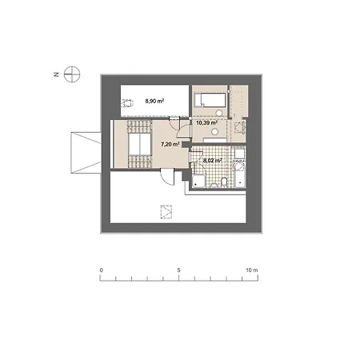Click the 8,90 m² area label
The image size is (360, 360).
click(x=153, y=102)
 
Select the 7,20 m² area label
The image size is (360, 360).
click(x=170, y=145)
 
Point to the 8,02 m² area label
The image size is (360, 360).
click(x=212, y=160)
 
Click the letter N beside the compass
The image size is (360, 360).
click(x=56, y=74)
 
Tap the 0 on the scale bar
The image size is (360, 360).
click(x=101, y=270)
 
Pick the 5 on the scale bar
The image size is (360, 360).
click(x=179, y=270)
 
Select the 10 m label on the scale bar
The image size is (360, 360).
click(x=253, y=270)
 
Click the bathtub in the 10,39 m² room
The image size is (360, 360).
click(x=210, y=100)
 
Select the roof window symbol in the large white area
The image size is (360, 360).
click(x=166, y=212)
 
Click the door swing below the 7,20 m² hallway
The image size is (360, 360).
click(x=163, y=180)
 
